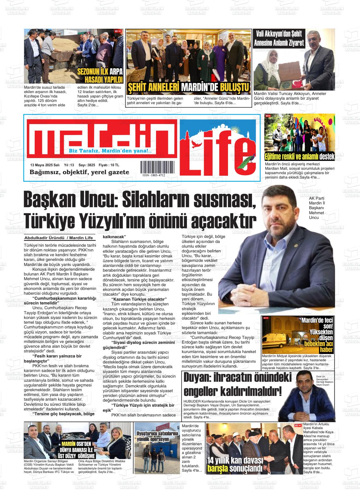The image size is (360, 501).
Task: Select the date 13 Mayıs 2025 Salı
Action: pyautogui.click(x=45, y=165)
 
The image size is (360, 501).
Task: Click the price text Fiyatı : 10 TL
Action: pyautogui.click(x=109, y=165)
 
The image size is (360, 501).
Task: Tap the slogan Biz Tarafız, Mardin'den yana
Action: pyautogui.click(x=110, y=151)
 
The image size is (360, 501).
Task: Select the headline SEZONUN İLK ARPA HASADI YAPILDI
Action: pyautogui.click(x=100, y=75)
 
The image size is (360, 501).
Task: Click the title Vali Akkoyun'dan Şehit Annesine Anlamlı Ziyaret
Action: pyautogui.click(x=279, y=38)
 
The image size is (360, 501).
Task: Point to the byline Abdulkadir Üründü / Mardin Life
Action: pyautogui.click(x=58, y=238)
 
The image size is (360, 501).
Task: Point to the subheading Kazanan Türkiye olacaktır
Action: pyautogui.click(x=139, y=299)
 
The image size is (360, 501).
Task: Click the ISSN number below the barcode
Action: pyautogui.click(x=153, y=175)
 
